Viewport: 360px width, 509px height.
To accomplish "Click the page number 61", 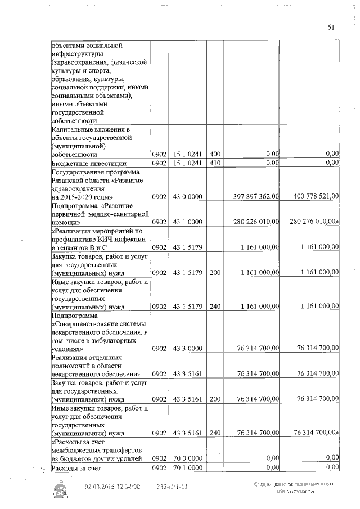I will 330,27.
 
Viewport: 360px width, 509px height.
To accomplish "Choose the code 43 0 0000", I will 188,196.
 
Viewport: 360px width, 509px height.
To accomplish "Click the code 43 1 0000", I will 188,222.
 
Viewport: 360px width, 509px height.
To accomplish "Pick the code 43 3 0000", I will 188,349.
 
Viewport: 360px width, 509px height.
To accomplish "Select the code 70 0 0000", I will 188,458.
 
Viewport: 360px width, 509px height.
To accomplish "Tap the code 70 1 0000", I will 188,467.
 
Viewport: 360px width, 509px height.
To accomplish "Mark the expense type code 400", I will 214,154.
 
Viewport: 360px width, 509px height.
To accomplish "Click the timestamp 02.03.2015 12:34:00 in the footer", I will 112,487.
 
